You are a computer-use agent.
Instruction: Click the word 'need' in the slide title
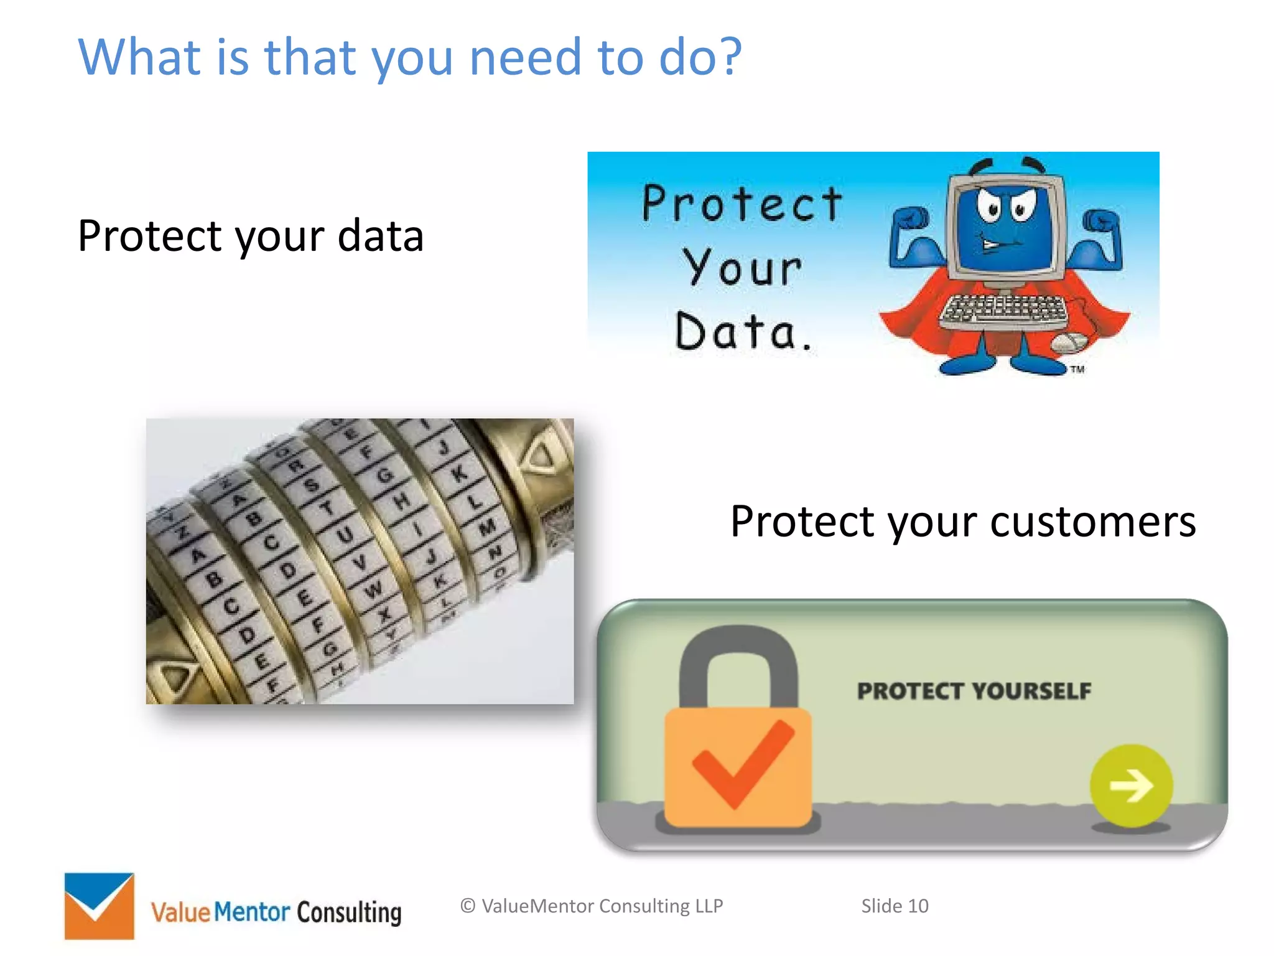(525, 57)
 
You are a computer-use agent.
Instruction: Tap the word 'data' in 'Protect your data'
(380, 236)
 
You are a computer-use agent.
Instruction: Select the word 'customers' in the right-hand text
(1092, 521)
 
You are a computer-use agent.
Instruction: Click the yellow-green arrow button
(1131, 785)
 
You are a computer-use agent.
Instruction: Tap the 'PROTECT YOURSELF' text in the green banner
(974, 691)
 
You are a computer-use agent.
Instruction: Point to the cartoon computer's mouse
(1067, 341)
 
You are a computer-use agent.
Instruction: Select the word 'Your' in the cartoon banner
(742, 268)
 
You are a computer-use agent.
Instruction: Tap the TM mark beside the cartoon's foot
(1077, 370)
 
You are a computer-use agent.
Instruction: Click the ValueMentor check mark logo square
(99, 906)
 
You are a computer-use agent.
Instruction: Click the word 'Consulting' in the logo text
(349, 912)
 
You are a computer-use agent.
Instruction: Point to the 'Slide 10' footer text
(894, 906)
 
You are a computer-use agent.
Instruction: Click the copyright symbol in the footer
(468, 906)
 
